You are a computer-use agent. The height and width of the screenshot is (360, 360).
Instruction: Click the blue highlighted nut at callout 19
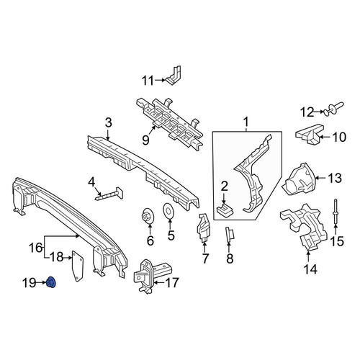(x=51, y=282)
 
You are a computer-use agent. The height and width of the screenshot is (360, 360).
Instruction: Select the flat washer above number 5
(x=168, y=210)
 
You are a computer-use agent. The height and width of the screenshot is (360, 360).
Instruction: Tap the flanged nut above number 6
(x=148, y=216)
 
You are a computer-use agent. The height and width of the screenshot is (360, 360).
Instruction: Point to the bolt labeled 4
(x=109, y=194)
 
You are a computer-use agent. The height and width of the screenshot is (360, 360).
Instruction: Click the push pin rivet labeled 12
(x=333, y=109)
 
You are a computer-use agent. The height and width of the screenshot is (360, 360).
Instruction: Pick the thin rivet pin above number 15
(x=336, y=212)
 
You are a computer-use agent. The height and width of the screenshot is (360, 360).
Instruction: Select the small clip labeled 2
(x=225, y=209)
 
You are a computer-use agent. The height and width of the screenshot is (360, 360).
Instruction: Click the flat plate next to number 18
(x=78, y=266)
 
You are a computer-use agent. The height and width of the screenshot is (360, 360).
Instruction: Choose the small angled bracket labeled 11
(x=174, y=76)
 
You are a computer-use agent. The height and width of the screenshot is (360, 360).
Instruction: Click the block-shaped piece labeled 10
(x=309, y=135)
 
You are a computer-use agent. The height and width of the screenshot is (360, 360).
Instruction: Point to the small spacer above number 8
(x=229, y=235)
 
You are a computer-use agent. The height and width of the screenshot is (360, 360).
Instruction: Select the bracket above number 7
(x=204, y=226)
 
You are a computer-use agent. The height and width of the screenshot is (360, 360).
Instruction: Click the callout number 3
(x=109, y=123)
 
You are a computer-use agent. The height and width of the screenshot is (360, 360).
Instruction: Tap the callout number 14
(x=310, y=269)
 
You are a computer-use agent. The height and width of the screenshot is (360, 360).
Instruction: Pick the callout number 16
(x=36, y=248)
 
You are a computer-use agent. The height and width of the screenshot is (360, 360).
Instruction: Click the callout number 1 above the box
(x=246, y=122)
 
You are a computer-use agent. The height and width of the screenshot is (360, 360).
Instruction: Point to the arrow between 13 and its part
(x=320, y=178)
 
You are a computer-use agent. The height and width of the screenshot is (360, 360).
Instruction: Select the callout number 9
(x=145, y=140)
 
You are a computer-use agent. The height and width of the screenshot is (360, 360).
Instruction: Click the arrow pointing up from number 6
(x=150, y=228)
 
